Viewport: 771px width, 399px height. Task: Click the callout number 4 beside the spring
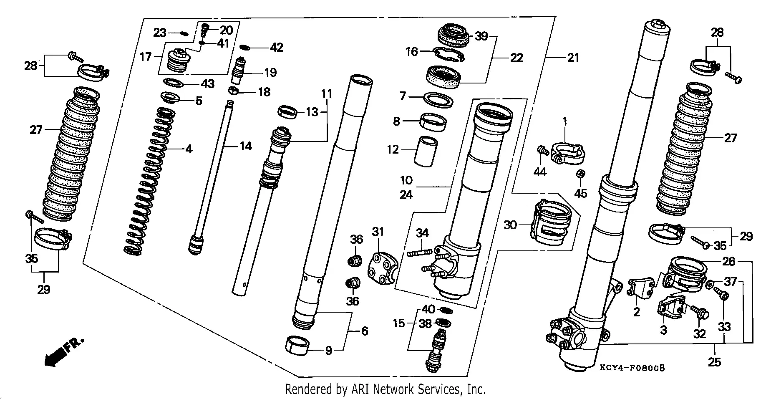(x=189, y=149)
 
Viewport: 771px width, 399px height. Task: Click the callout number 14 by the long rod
(x=245, y=146)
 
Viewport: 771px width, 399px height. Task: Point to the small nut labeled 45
(x=580, y=174)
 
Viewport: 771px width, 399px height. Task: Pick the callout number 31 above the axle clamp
(x=378, y=232)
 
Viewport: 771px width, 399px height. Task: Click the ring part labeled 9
(x=297, y=346)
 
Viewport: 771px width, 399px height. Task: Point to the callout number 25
(x=714, y=361)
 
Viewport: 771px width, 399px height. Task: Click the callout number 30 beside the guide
(x=510, y=225)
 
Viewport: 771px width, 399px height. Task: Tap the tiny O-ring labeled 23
(x=183, y=33)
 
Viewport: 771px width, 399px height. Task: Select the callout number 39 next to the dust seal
(x=481, y=36)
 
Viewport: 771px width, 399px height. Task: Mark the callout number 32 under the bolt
(x=699, y=333)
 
